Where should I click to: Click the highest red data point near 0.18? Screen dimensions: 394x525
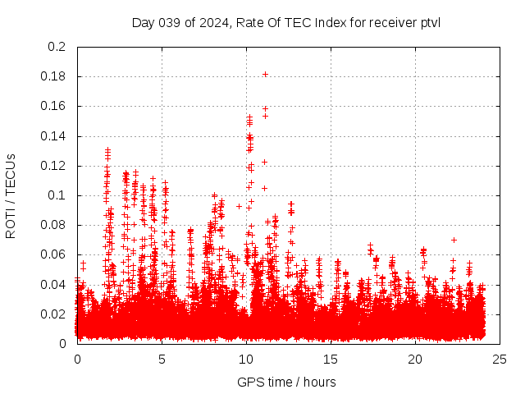point(265,74)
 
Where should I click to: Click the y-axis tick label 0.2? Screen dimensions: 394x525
point(57,47)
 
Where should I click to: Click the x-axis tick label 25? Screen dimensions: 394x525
point(500,359)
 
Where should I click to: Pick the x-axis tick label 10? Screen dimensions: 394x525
point(246,359)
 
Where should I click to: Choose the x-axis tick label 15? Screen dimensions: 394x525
point(331,359)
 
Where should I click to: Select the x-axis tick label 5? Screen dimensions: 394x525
point(162,359)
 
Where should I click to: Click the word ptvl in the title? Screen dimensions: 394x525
point(428,22)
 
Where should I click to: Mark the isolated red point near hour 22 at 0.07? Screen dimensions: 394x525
point(454,240)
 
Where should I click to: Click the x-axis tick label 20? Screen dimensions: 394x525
point(415,359)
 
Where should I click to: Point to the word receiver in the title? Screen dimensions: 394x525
point(386,22)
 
